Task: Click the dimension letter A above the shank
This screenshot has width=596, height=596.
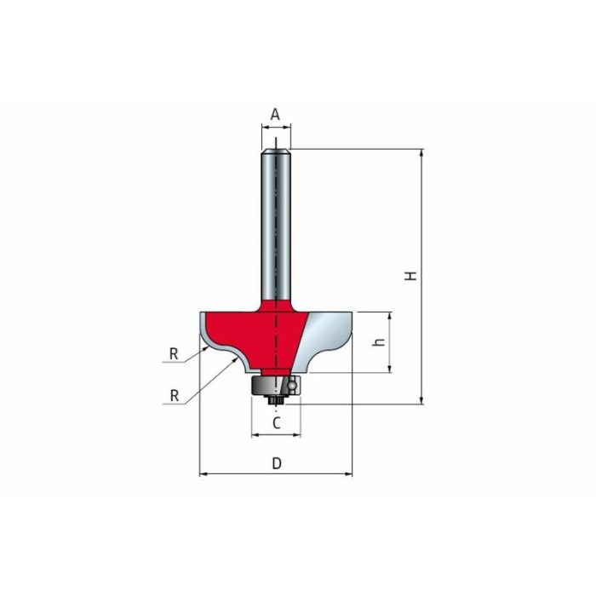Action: tap(275, 113)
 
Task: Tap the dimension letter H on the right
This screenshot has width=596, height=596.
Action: tap(410, 276)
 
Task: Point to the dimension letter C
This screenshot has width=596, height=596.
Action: tap(277, 422)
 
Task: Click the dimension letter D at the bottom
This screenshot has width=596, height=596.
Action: tap(277, 463)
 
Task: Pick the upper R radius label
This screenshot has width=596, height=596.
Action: tap(174, 354)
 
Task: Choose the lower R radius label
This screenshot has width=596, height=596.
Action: tap(175, 396)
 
